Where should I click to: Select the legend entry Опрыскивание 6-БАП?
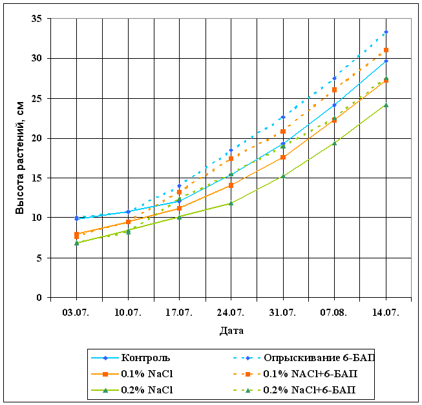[318, 357]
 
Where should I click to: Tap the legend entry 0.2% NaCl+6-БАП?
[310, 390]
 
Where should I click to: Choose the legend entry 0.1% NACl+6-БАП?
[310, 373]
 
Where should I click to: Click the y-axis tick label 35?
[37, 19]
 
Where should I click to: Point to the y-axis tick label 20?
[37, 138]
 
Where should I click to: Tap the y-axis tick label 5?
[40, 258]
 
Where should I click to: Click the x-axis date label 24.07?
[231, 312]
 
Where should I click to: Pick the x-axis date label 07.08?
[334, 312]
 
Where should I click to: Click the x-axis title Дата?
[231, 330]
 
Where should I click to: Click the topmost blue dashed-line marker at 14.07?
[386, 32]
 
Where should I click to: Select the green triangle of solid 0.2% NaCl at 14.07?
[386, 105]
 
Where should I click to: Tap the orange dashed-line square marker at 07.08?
[334, 90]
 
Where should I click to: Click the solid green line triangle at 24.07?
[231, 203]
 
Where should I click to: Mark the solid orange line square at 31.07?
[283, 157]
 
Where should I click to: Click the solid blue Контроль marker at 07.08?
[334, 105]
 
